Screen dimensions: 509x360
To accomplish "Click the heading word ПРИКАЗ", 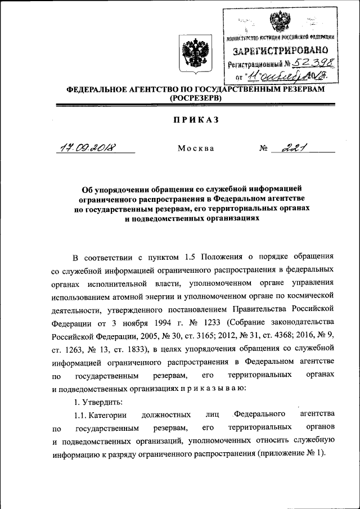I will [x=195, y=119].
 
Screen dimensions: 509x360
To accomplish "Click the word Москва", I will [x=195, y=148].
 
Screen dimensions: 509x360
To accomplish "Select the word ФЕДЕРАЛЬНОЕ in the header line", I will [x=98, y=89].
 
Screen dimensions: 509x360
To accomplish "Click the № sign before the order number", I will [x=263, y=148].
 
